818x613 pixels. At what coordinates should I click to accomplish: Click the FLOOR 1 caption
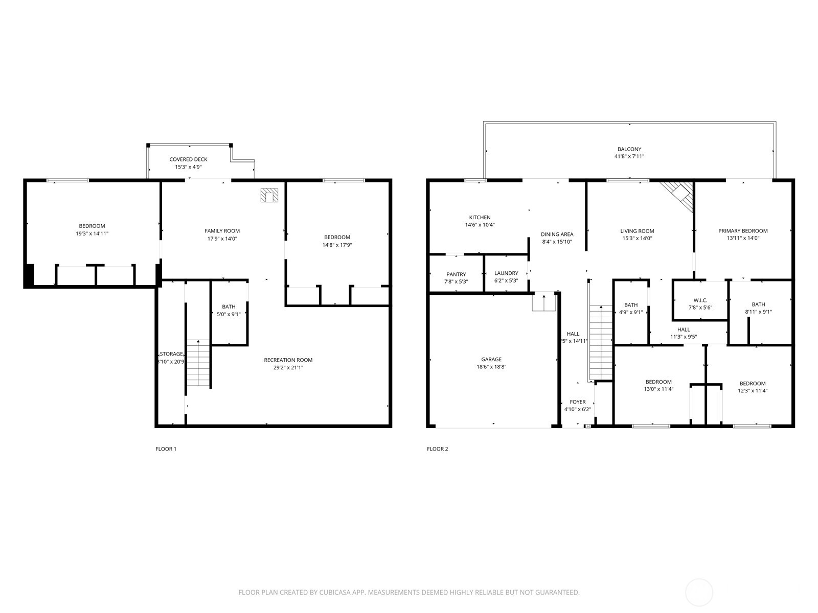pyautogui.click(x=166, y=449)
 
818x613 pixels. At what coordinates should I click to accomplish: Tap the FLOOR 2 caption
pyautogui.click(x=437, y=449)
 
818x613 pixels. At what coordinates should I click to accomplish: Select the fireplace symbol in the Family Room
pyautogui.click(x=269, y=195)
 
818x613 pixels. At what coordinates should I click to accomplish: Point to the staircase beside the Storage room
pyautogui.click(x=198, y=363)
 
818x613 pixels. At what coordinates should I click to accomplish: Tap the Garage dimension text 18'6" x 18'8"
pyautogui.click(x=491, y=367)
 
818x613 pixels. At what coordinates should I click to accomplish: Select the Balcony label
pyautogui.click(x=629, y=149)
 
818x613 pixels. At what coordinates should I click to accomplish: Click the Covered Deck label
pyautogui.click(x=188, y=159)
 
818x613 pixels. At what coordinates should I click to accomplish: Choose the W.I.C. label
pyautogui.click(x=700, y=300)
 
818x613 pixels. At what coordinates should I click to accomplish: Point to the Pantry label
pyautogui.click(x=456, y=274)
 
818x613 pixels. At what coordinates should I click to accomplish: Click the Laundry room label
pyautogui.click(x=506, y=273)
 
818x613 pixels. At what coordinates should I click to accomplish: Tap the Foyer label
pyautogui.click(x=577, y=402)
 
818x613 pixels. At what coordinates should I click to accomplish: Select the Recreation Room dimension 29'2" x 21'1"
pyautogui.click(x=288, y=367)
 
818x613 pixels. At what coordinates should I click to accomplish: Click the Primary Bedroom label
pyautogui.click(x=742, y=231)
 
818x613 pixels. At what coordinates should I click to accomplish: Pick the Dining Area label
pyautogui.click(x=557, y=234)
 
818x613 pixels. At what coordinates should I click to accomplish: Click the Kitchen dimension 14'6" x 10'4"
pyautogui.click(x=480, y=225)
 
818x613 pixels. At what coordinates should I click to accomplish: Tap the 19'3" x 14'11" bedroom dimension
pyautogui.click(x=92, y=233)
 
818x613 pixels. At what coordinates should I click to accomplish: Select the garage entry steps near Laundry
pyautogui.click(x=543, y=302)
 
